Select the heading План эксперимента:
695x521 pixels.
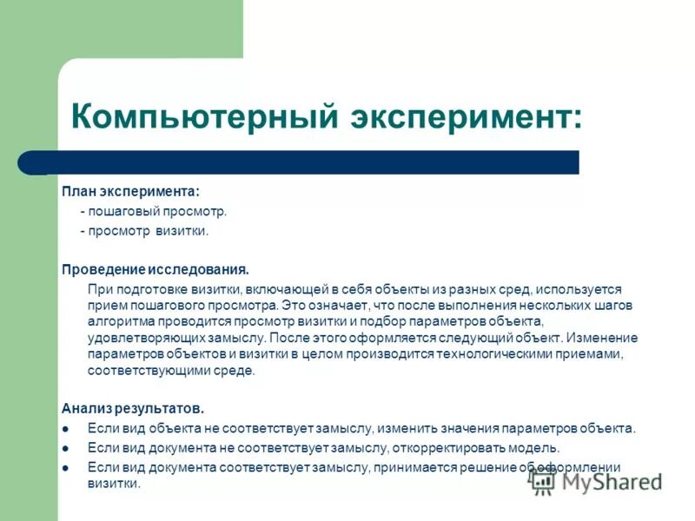click(x=130, y=191)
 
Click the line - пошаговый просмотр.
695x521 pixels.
click(x=154, y=211)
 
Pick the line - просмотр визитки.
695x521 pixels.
click(x=144, y=232)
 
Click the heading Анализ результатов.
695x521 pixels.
click(x=133, y=407)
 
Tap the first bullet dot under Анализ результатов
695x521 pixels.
click(x=66, y=429)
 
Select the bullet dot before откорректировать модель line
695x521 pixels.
click(x=66, y=449)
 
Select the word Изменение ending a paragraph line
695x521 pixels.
click(x=606, y=338)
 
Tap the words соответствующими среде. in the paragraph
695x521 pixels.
click(x=171, y=371)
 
